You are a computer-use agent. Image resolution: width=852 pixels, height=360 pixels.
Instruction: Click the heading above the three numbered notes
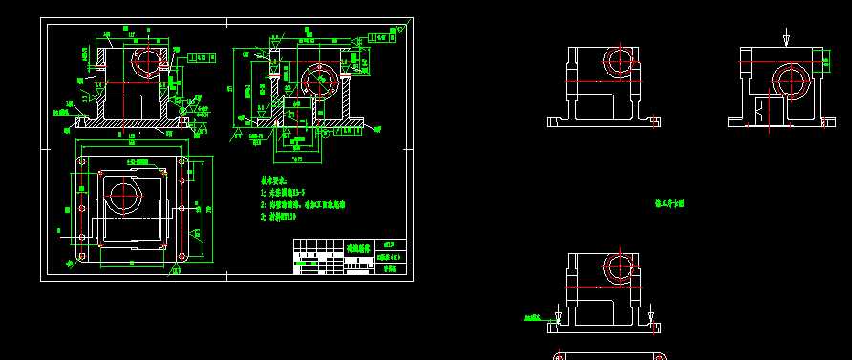coord(282,180)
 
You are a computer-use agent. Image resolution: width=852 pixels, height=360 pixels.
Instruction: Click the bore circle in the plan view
coord(124,196)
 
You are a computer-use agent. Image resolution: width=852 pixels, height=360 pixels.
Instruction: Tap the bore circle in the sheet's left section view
coord(148,61)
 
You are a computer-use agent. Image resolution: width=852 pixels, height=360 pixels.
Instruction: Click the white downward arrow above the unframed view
coord(786,39)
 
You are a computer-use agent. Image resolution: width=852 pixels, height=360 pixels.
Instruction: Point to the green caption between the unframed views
coord(670,202)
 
